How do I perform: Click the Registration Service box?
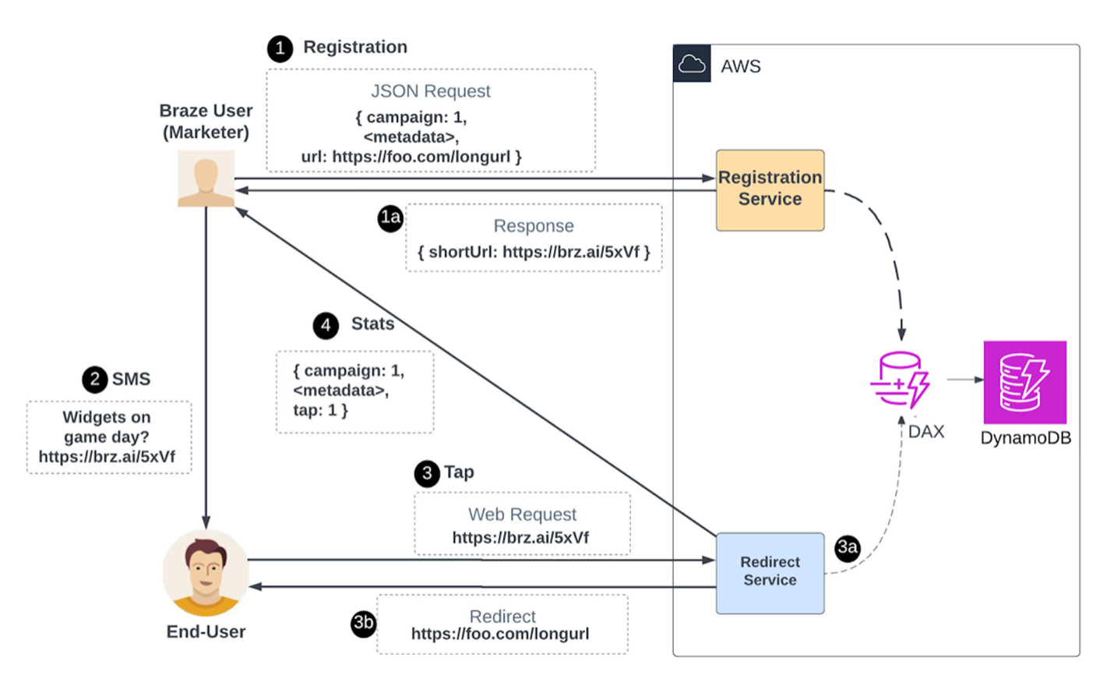coord(770,189)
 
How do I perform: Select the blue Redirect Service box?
coord(770,572)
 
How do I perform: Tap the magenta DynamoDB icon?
coord(1024,382)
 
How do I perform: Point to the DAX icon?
coord(900,380)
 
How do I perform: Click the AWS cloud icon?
coord(692,64)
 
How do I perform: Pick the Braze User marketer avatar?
coord(206,179)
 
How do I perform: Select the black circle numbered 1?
coord(280,48)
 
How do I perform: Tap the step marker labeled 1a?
coord(390,217)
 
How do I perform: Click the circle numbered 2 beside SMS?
coord(95,380)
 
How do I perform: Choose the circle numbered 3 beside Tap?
coord(427,473)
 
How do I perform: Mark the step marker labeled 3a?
coord(848,548)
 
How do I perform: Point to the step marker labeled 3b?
coord(363,624)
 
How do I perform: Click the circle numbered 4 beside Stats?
coord(326,325)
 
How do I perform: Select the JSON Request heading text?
coord(430,91)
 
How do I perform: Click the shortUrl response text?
coord(534,252)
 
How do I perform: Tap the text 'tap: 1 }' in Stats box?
coord(320,410)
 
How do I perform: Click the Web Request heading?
coord(522,514)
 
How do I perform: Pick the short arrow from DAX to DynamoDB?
coord(965,380)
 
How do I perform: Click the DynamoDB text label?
coord(1025,438)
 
